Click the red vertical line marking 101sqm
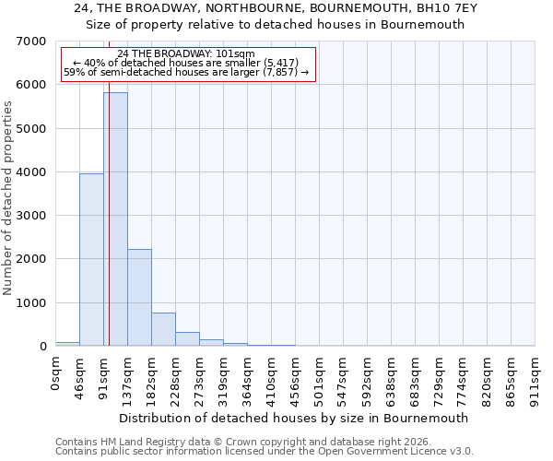tap(109, 212)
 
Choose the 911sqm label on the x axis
tap(535, 374)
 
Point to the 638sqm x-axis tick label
tap(392, 374)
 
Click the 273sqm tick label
tap(200, 374)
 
